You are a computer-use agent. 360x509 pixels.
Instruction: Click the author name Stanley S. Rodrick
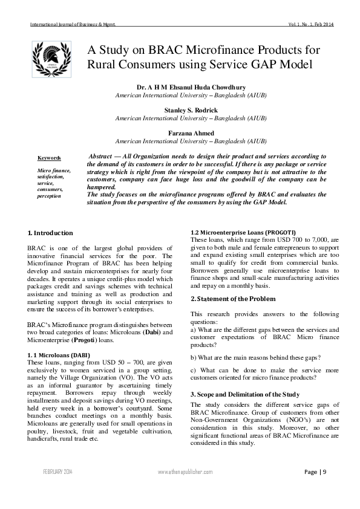191,111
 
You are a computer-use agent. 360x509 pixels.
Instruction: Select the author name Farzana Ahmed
191,133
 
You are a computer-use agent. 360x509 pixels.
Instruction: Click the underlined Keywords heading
49,158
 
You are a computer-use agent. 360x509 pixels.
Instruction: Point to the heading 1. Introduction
51,233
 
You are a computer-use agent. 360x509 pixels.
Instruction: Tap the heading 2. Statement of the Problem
233,299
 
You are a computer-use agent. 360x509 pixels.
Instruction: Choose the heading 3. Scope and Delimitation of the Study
246,394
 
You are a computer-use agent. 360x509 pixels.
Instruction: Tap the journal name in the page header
73,24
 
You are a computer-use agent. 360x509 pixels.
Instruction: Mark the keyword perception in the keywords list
49,196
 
